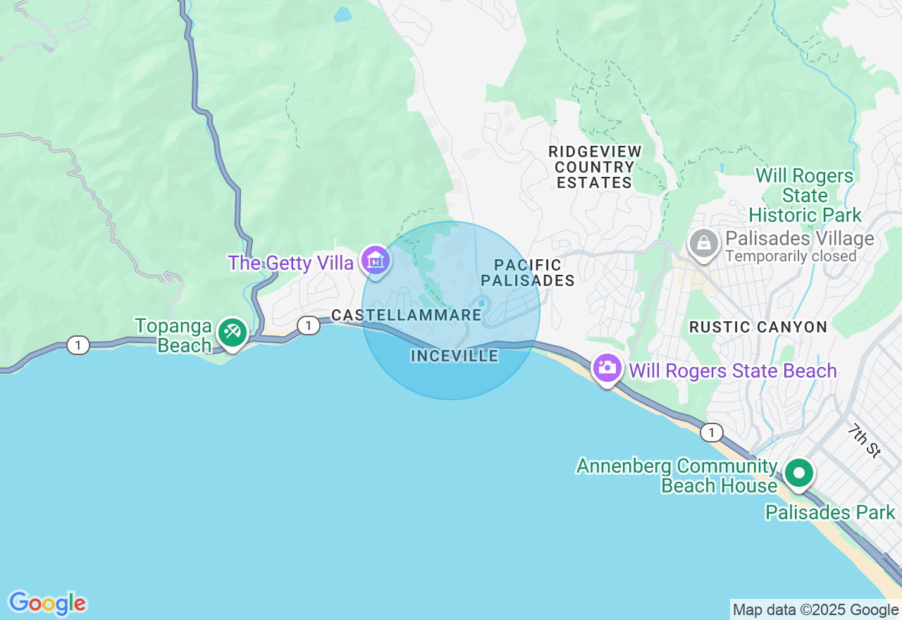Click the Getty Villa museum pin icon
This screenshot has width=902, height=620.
(x=376, y=261)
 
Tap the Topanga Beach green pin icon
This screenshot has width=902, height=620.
(x=232, y=332)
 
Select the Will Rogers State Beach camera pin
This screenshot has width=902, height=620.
(x=606, y=368)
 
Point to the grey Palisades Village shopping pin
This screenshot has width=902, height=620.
(x=703, y=244)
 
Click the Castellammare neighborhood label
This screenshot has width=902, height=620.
(x=407, y=315)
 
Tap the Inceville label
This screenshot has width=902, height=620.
(x=455, y=356)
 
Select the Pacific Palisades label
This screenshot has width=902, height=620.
(x=528, y=273)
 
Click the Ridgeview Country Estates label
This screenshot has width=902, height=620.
(x=595, y=168)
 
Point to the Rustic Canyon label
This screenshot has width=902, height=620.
(x=758, y=327)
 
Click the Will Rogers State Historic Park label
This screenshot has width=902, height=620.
(x=805, y=195)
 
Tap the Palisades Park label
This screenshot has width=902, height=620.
(x=830, y=512)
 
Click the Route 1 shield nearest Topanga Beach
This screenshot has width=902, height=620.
(x=78, y=345)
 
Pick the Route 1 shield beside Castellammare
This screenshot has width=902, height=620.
(x=308, y=325)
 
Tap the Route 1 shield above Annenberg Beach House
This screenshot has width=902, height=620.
(x=712, y=432)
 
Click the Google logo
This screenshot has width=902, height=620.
(x=47, y=603)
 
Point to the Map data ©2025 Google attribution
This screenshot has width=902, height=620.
(x=815, y=610)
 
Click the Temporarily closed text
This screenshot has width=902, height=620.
(x=791, y=256)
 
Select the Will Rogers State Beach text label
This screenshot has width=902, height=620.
(x=733, y=371)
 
